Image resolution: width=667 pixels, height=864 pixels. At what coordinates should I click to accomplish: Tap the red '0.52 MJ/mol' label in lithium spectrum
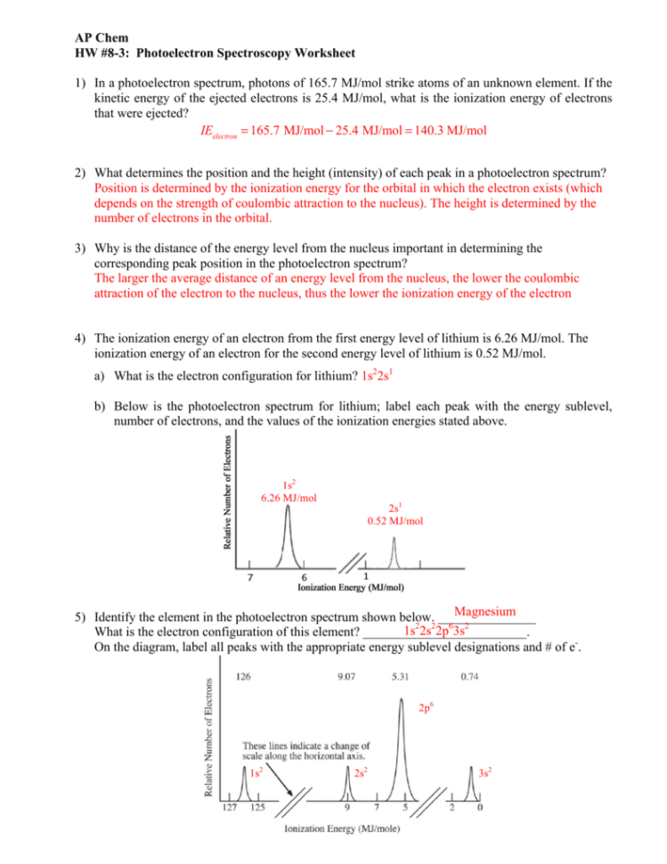(395, 520)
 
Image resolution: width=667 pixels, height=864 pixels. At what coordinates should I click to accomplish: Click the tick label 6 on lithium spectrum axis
(305, 575)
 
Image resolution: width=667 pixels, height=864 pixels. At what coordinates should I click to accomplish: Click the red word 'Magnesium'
(484, 611)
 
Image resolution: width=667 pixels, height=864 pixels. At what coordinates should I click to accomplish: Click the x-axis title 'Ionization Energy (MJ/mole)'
(341, 831)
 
